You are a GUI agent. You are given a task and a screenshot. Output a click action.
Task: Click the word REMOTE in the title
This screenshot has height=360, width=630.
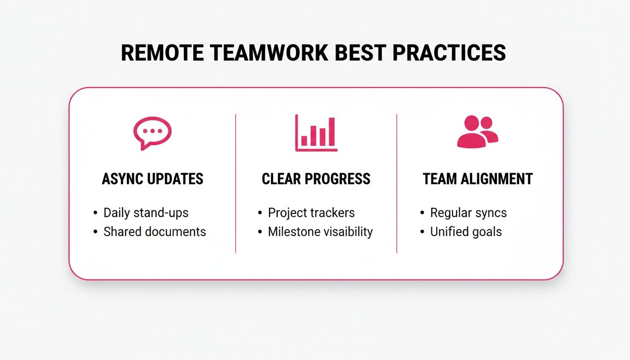click(162, 53)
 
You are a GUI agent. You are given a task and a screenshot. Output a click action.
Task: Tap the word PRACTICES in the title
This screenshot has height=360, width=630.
click(449, 53)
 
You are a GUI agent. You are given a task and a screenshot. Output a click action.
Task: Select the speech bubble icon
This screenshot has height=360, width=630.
click(152, 133)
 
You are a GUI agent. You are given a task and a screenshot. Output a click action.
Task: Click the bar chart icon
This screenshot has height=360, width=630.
click(316, 133)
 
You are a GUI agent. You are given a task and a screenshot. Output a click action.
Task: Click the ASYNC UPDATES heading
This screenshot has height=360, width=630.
click(152, 179)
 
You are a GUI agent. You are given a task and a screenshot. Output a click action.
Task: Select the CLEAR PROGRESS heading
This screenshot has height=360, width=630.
click(316, 179)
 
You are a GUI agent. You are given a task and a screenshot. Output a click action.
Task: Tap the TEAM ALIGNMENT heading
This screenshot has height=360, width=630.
click(478, 179)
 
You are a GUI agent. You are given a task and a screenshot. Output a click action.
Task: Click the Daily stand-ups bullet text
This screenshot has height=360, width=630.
click(146, 213)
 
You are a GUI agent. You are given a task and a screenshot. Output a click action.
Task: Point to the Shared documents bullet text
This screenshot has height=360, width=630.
click(155, 232)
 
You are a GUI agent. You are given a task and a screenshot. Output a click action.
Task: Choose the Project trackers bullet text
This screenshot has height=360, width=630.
click(311, 213)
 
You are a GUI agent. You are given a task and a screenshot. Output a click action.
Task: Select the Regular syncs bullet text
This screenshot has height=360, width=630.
click(468, 213)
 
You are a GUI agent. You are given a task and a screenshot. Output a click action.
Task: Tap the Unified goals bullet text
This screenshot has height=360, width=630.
click(466, 232)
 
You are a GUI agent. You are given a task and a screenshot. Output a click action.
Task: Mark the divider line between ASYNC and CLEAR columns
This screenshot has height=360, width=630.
click(235, 183)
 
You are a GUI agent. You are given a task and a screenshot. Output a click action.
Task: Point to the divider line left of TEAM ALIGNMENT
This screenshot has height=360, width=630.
click(397, 183)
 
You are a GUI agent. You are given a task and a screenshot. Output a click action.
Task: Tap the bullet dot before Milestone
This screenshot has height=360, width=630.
click(260, 232)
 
